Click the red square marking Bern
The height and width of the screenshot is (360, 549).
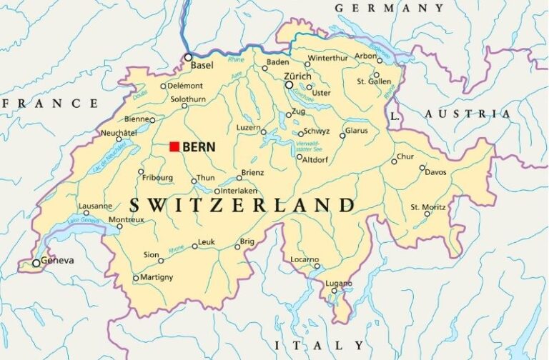point(174,146)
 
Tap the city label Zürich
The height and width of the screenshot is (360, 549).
point(297,76)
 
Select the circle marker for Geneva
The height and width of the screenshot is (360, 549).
point(36,263)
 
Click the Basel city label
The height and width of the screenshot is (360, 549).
point(202,65)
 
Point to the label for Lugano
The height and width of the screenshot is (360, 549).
point(339,284)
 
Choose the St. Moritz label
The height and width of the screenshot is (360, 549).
point(428,206)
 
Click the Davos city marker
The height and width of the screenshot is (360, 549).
point(422,167)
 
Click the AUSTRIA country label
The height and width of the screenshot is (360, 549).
point(468,114)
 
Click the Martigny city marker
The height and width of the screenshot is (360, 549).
point(136,278)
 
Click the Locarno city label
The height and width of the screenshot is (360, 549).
point(305,259)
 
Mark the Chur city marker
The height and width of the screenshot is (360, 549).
point(394,161)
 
